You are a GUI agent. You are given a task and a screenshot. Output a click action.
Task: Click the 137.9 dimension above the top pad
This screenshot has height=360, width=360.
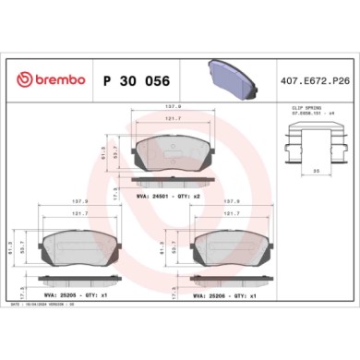click(173, 109)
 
